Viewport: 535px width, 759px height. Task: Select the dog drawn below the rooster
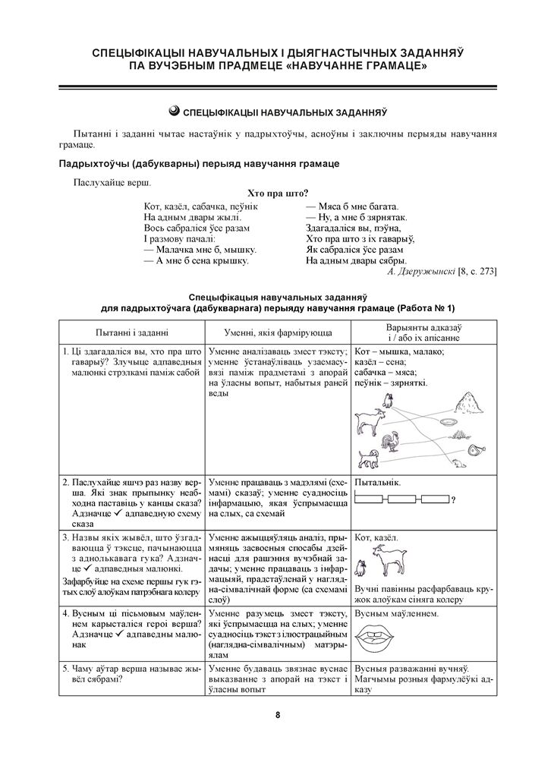coord(368,458)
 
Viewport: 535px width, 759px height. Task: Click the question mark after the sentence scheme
coord(453,499)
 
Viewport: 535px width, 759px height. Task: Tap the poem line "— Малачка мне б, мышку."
coord(200,249)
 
